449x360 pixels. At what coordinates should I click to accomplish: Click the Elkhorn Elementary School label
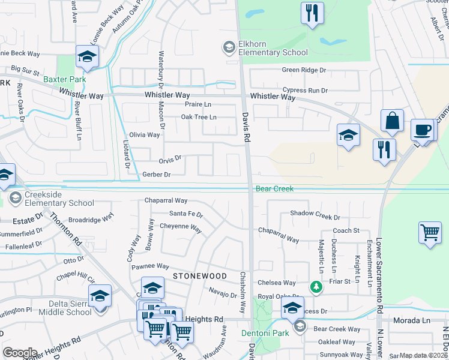(x=265, y=48)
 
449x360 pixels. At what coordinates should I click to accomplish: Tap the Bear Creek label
(x=275, y=189)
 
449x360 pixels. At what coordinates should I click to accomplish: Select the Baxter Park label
(x=64, y=79)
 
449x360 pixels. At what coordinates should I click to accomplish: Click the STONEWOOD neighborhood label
(x=200, y=276)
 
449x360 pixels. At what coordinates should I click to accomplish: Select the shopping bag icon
(x=392, y=121)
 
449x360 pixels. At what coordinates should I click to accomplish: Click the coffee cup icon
(x=423, y=130)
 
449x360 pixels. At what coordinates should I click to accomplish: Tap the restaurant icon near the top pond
(x=312, y=14)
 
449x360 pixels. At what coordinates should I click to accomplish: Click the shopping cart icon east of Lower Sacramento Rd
(x=430, y=233)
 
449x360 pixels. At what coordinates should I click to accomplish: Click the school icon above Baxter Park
(x=87, y=58)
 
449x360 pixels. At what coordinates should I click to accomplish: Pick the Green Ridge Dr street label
(x=304, y=70)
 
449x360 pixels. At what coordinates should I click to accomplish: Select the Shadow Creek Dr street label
(x=315, y=214)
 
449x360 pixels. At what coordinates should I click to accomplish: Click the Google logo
(x=20, y=353)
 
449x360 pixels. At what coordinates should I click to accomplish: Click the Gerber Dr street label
(x=157, y=175)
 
